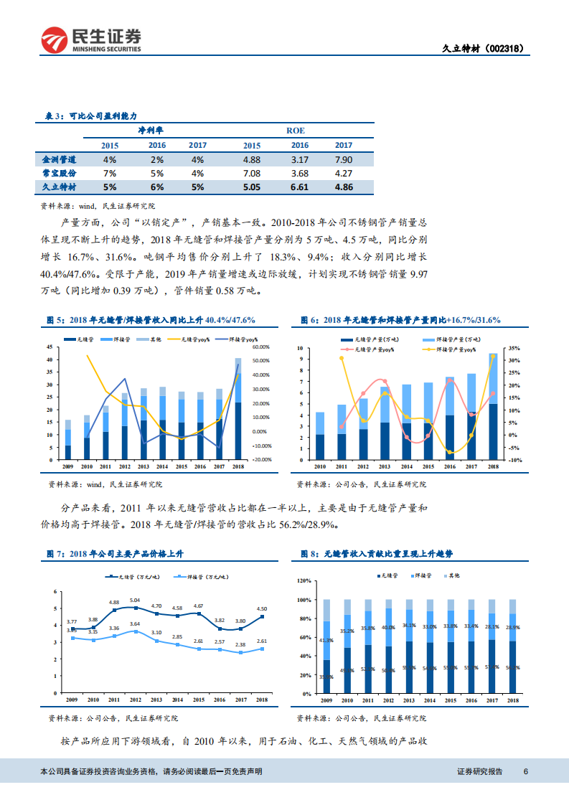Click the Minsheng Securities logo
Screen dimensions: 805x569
[x=90, y=40]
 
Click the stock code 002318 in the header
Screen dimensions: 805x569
[x=509, y=49]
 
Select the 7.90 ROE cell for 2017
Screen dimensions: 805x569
[x=344, y=159]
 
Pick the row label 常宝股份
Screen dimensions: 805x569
[x=60, y=173]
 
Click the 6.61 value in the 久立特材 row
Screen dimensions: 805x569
[x=299, y=187]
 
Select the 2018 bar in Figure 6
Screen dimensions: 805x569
[x=494, y=406]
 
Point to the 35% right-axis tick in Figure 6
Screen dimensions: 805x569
[x=513, y=348]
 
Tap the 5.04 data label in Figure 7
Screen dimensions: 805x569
[x=135, y=600]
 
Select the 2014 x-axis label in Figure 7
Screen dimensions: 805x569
[x=177, y=700]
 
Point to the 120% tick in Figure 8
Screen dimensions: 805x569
[x=304, y=580]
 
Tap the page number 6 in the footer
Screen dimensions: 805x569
[x=526, y=771]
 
